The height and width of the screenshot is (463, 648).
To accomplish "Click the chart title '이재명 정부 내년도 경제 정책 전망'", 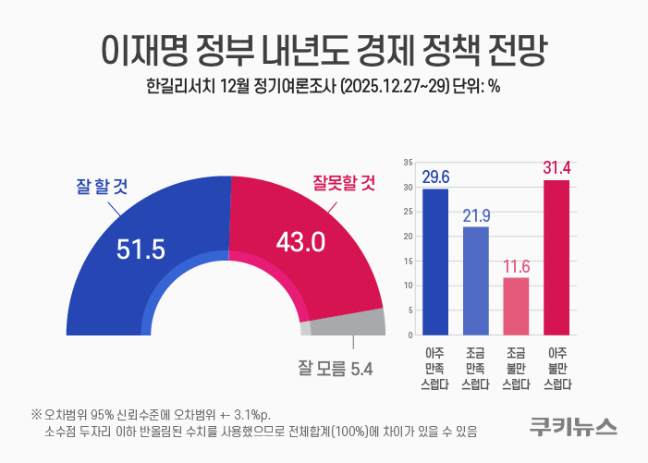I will coord(324,49).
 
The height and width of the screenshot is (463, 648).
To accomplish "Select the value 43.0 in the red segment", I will coord(301,242).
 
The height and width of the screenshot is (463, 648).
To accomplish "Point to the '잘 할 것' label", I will coord(101,186).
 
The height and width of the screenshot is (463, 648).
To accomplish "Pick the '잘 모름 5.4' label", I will coord(335,370).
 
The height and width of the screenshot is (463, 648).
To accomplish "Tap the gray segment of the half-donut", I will coord(347,323).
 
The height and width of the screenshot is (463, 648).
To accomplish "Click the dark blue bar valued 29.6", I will coord(435,262).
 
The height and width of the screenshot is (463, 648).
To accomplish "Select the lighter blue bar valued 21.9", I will coord(476,280).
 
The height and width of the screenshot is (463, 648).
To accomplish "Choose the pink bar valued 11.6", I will coord(516,305).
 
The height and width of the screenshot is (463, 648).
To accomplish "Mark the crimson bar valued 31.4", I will coord(556,257).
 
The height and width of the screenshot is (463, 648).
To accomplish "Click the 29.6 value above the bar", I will coord(435,177).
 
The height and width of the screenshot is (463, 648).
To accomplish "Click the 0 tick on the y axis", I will coord(410,334).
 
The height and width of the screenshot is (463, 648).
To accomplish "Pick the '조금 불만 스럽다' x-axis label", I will coord(516,368).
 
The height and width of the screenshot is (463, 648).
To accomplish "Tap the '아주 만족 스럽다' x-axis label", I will coord(435,368).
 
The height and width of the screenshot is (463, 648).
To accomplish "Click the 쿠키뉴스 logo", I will coord(573,426).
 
